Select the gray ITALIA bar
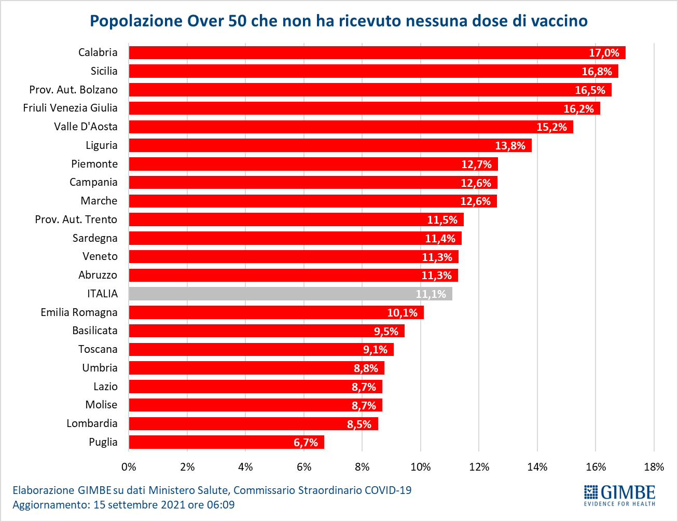click(290, 294)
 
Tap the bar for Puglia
click(226, 442)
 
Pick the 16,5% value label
click(590, 90)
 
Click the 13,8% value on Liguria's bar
click(510, 146)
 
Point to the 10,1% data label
click(402, 313)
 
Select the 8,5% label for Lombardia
click(359, 424)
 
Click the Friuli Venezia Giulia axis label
click(70, 108)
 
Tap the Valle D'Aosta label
click(86, 127)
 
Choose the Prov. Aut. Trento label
click(76, 219)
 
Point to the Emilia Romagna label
click(79, 312)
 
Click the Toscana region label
click(98, 349)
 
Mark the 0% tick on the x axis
click(129, 467)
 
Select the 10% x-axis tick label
click(420, 467)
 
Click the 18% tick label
click(654, 467)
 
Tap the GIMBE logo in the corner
click(619, 495)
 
